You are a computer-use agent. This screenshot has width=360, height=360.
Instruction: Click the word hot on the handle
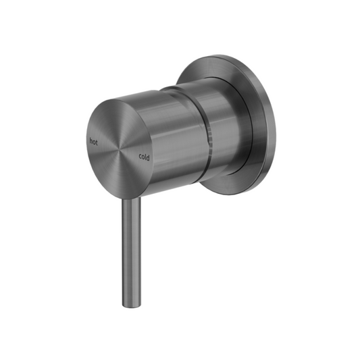click(x=93, y=142)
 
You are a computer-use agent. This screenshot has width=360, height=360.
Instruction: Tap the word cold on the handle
click(x=144, y=157)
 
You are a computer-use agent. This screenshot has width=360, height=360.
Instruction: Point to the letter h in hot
click(x=91, y=141)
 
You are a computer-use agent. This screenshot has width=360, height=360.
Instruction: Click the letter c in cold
click(x=140, y=157)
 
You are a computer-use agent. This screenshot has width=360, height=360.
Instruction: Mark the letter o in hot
click(x=94, y=143)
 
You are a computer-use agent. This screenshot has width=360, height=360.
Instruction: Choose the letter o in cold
click(x=143, y=157)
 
